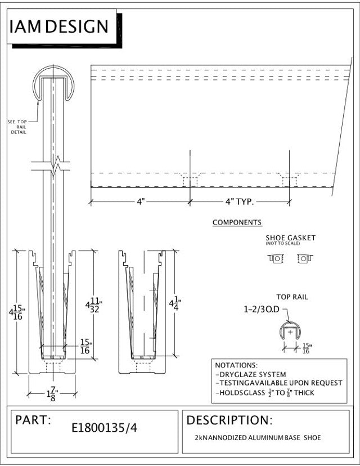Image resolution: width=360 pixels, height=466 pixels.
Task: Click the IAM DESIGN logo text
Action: (x=59, y=26)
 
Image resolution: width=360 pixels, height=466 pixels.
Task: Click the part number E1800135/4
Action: (x=104, y=428)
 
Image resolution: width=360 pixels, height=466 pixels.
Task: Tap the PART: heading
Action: (x=33, y=420)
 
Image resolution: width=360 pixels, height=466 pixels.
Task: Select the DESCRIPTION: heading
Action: (x=229, y=420)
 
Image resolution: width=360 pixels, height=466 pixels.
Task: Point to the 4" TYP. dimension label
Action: (x=239, y=201)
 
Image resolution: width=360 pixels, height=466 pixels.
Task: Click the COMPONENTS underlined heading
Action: (x=237, y=223)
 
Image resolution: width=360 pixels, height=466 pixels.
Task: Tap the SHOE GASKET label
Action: (x=290, y=238)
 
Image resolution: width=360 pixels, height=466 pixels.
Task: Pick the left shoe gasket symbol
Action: (x=276, y=258)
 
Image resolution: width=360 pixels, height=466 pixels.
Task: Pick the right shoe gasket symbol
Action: (x=304, y=258)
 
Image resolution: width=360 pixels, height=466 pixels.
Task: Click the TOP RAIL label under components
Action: (x=292, y=297)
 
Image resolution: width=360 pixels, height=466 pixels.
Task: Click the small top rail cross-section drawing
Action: (x=290, y=332)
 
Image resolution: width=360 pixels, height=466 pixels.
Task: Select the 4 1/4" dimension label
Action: (x=175, y=303)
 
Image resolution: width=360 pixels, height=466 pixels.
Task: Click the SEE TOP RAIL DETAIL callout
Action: (x=17, y=127)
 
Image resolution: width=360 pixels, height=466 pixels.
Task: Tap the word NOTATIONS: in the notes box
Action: (x=236, y=365)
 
